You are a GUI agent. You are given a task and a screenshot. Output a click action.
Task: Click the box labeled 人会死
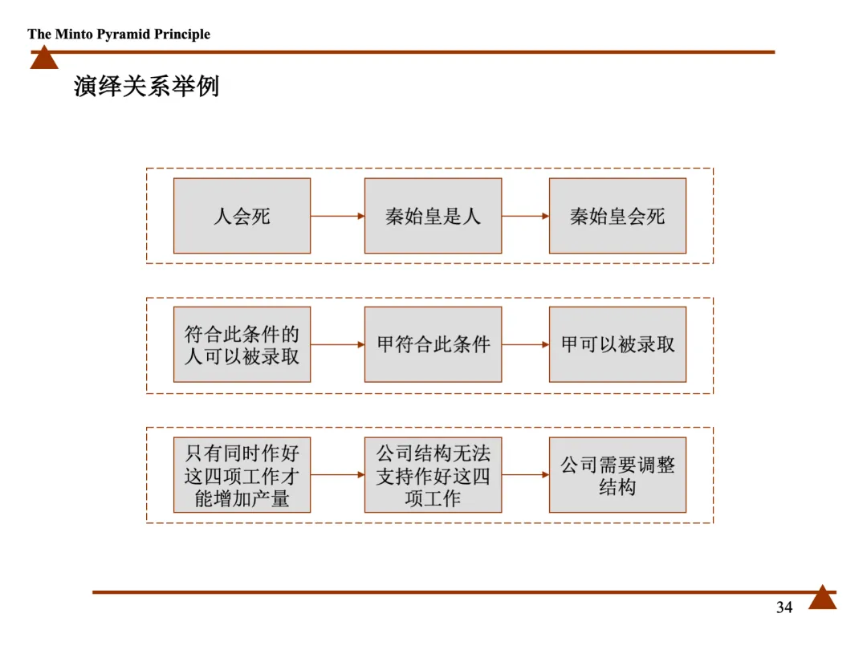pos(242,216)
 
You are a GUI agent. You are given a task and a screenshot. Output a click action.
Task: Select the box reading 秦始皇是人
pos(433,216)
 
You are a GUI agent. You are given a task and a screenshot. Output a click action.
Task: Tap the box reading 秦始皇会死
pos(617,216)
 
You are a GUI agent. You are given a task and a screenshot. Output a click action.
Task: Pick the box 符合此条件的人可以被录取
pos(242,344)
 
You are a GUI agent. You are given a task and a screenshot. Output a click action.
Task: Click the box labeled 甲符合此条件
pos(433,344)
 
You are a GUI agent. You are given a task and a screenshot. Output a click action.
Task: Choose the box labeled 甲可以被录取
pos(617,344)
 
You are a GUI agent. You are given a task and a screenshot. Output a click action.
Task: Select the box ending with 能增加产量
pos(242,475)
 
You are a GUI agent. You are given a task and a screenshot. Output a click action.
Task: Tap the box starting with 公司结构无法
pos(433,475)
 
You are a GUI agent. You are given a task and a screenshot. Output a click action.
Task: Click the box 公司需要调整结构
pos(617,475)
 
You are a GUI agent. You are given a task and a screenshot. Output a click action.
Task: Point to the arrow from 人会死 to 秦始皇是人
pos(337,216)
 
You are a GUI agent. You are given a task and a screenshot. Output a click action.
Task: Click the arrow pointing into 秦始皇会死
pos(525,216)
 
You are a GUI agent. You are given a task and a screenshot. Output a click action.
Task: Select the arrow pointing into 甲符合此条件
pos(337,345)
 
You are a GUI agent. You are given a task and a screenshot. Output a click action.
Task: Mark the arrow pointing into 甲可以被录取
pos(525,345)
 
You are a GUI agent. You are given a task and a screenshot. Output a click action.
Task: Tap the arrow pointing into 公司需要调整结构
pos(525,475)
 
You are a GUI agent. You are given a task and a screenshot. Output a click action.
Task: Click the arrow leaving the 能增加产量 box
pos(337,475)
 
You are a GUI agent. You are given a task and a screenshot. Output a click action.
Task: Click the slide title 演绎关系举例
pos(146,86)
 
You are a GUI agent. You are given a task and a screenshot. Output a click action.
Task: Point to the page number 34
pos(784,607)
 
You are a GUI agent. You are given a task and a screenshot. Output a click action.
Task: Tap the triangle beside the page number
pos(822,599)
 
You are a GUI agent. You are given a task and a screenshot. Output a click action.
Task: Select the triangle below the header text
pos(44,59)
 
